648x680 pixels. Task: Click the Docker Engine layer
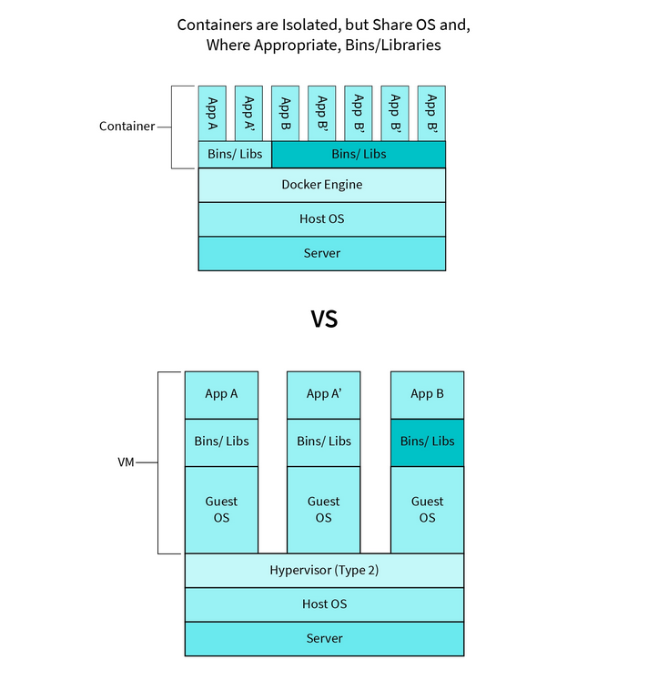tap(322, 185)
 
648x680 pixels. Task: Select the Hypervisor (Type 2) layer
tap(324, 571)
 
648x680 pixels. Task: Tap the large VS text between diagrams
tap(324, 319)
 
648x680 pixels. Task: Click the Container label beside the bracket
tap(127, 127)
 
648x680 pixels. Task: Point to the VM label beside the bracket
tap(126, 462)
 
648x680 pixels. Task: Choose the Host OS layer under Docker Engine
tap(322, 219)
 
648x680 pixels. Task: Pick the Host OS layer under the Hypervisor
tap(324, 604)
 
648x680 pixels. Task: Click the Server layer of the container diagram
tap(322, 253)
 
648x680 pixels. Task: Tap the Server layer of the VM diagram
tap(324, 638)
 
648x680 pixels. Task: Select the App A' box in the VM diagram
tap(323, 394)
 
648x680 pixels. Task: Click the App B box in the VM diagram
tap(427, 394)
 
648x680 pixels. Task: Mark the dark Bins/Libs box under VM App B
tap(427, 441)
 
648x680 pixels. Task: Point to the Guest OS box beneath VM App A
tap(221, 509)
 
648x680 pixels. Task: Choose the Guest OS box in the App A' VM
tap(323, 509)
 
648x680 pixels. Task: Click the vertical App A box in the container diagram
tap(212, 114)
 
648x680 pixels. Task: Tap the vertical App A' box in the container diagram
tap(248, 114)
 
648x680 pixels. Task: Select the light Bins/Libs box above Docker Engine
tap(235, 154)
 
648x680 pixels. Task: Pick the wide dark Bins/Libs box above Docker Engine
tap(359, 154)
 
